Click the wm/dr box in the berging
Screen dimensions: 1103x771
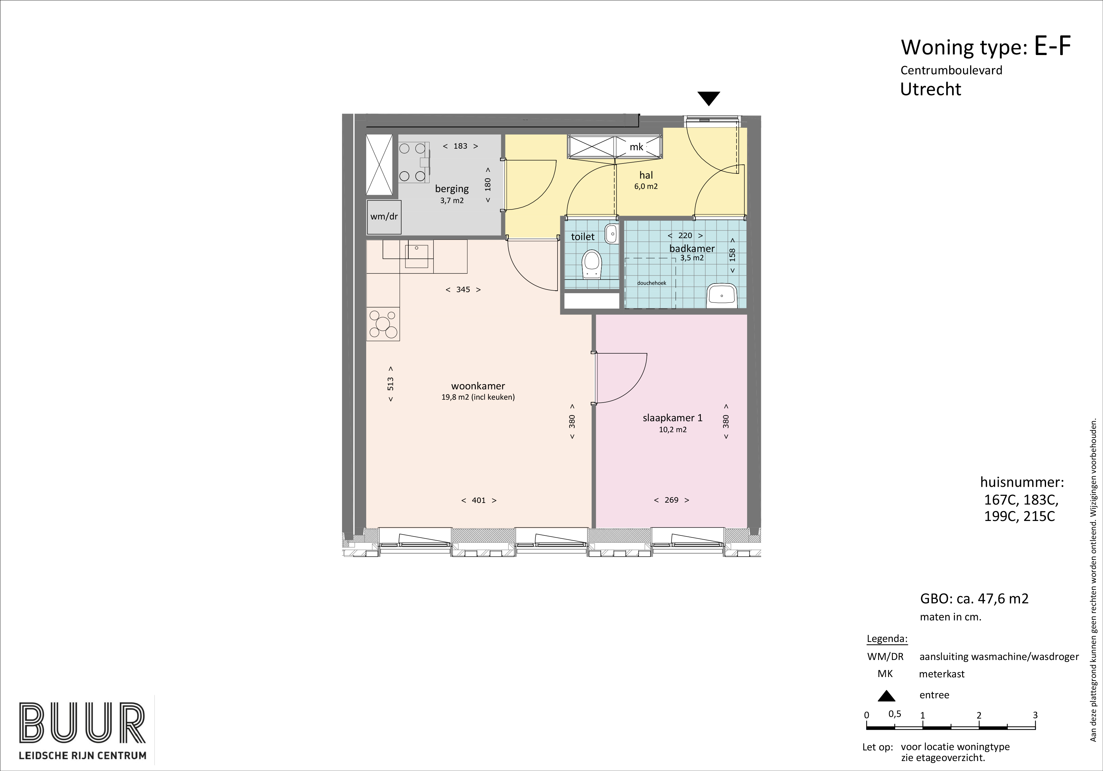(384, 217)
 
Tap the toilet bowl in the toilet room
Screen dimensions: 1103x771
(592, 265)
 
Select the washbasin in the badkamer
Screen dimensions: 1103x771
(722, 295)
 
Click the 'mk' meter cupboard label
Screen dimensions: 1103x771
(636, 147)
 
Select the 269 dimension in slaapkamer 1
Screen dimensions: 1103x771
(671, 500)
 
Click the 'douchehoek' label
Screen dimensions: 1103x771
(652, 283)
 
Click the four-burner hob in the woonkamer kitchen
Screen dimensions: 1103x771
(383, 324)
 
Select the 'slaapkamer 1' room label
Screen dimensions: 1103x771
(672, 418)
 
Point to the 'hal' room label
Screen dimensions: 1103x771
(646, 175)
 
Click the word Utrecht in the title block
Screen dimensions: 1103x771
(931, 89)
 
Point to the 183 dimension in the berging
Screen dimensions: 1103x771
(460, 146)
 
